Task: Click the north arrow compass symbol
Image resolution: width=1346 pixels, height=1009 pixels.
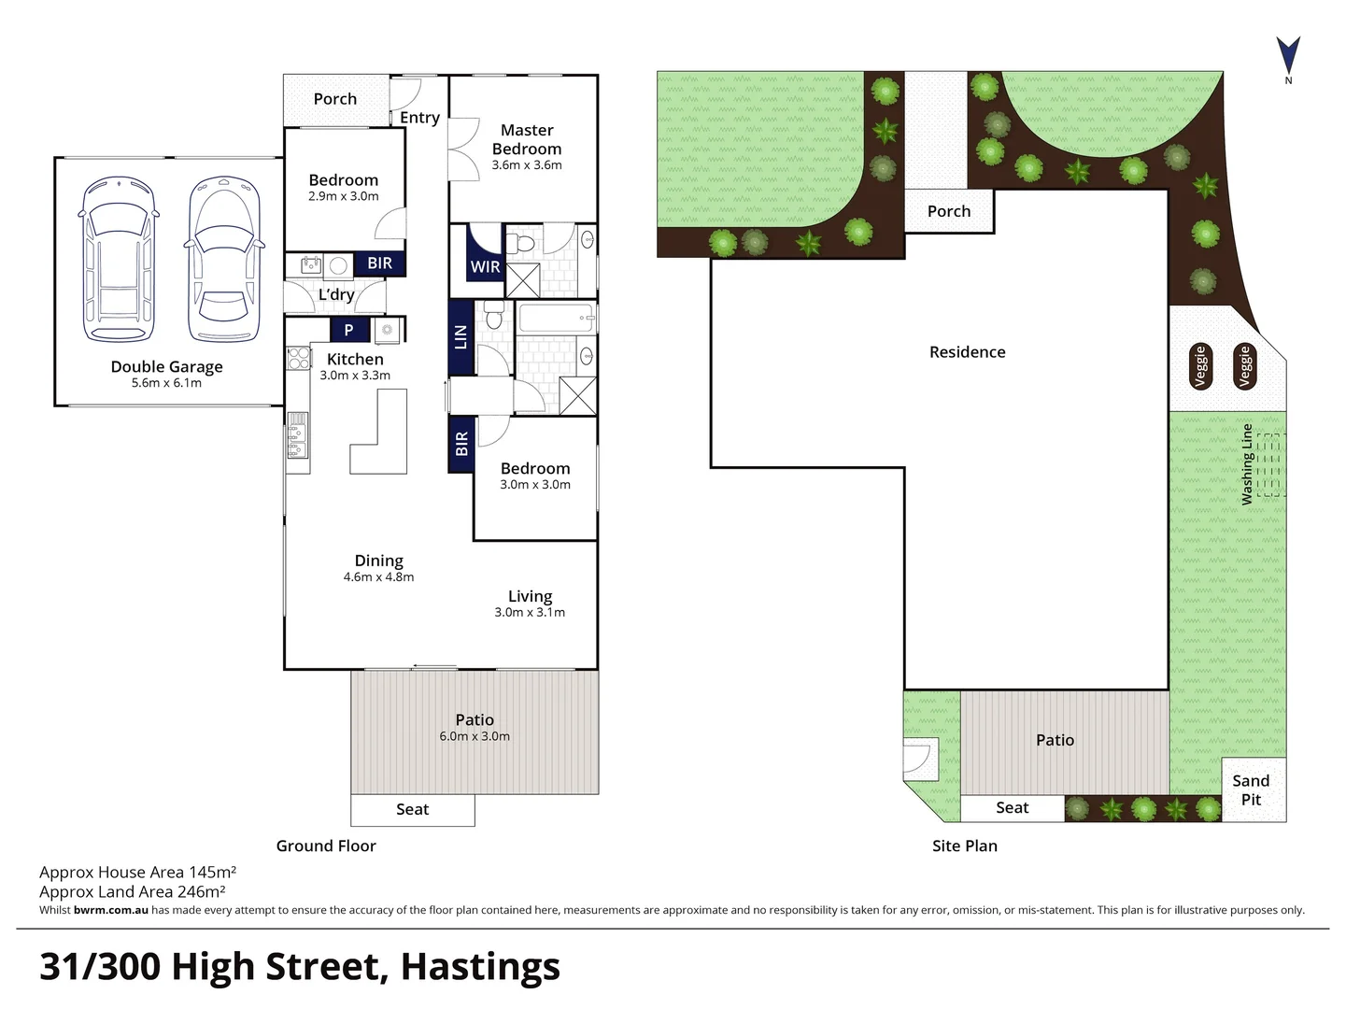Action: point(1288,56)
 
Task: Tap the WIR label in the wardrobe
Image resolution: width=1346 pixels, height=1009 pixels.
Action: point(485,266)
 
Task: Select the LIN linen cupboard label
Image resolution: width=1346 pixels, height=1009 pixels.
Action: point(460,336)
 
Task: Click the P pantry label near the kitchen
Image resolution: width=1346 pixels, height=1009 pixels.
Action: point(348,330)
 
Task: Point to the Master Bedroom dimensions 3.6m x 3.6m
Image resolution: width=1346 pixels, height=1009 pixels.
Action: point(527,165)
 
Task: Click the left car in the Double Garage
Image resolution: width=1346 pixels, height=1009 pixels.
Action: point(119,259)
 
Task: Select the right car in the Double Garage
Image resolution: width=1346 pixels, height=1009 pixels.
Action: point(223,259)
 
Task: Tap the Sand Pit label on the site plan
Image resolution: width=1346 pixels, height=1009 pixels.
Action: point(1251,790)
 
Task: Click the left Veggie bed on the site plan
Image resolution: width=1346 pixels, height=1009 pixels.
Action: point(1201,366)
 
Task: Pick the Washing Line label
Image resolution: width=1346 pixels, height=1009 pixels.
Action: point(1247,464)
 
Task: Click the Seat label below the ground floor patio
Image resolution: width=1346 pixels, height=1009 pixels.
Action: point(412,810)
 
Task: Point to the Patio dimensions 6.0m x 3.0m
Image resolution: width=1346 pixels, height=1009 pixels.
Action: point(475,736)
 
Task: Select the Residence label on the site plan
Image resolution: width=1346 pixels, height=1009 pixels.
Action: point(967,352)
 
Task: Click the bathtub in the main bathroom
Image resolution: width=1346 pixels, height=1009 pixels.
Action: point(557,319)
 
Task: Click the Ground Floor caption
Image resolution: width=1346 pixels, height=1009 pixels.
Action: point(326,846)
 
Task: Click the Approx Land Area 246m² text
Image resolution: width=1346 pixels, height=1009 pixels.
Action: point(132,891)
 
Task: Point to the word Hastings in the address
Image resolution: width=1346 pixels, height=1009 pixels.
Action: point(480,966)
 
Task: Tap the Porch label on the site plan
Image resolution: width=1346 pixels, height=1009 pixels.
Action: point(948,211)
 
